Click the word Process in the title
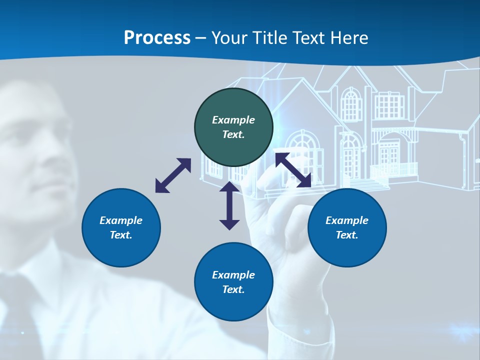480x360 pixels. click(x=157, y=37)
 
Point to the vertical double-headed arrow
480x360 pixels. click(x=229, y=205)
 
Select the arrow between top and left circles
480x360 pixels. click(x=173, y=175)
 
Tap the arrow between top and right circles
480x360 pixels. click(x=293, y=170)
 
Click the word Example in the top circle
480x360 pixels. click(x=233, y=120)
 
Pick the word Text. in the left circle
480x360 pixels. click(x=121, y=235)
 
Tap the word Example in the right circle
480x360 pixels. click(x=347, y=220)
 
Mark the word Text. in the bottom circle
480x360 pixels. click(x=233, y=289)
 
